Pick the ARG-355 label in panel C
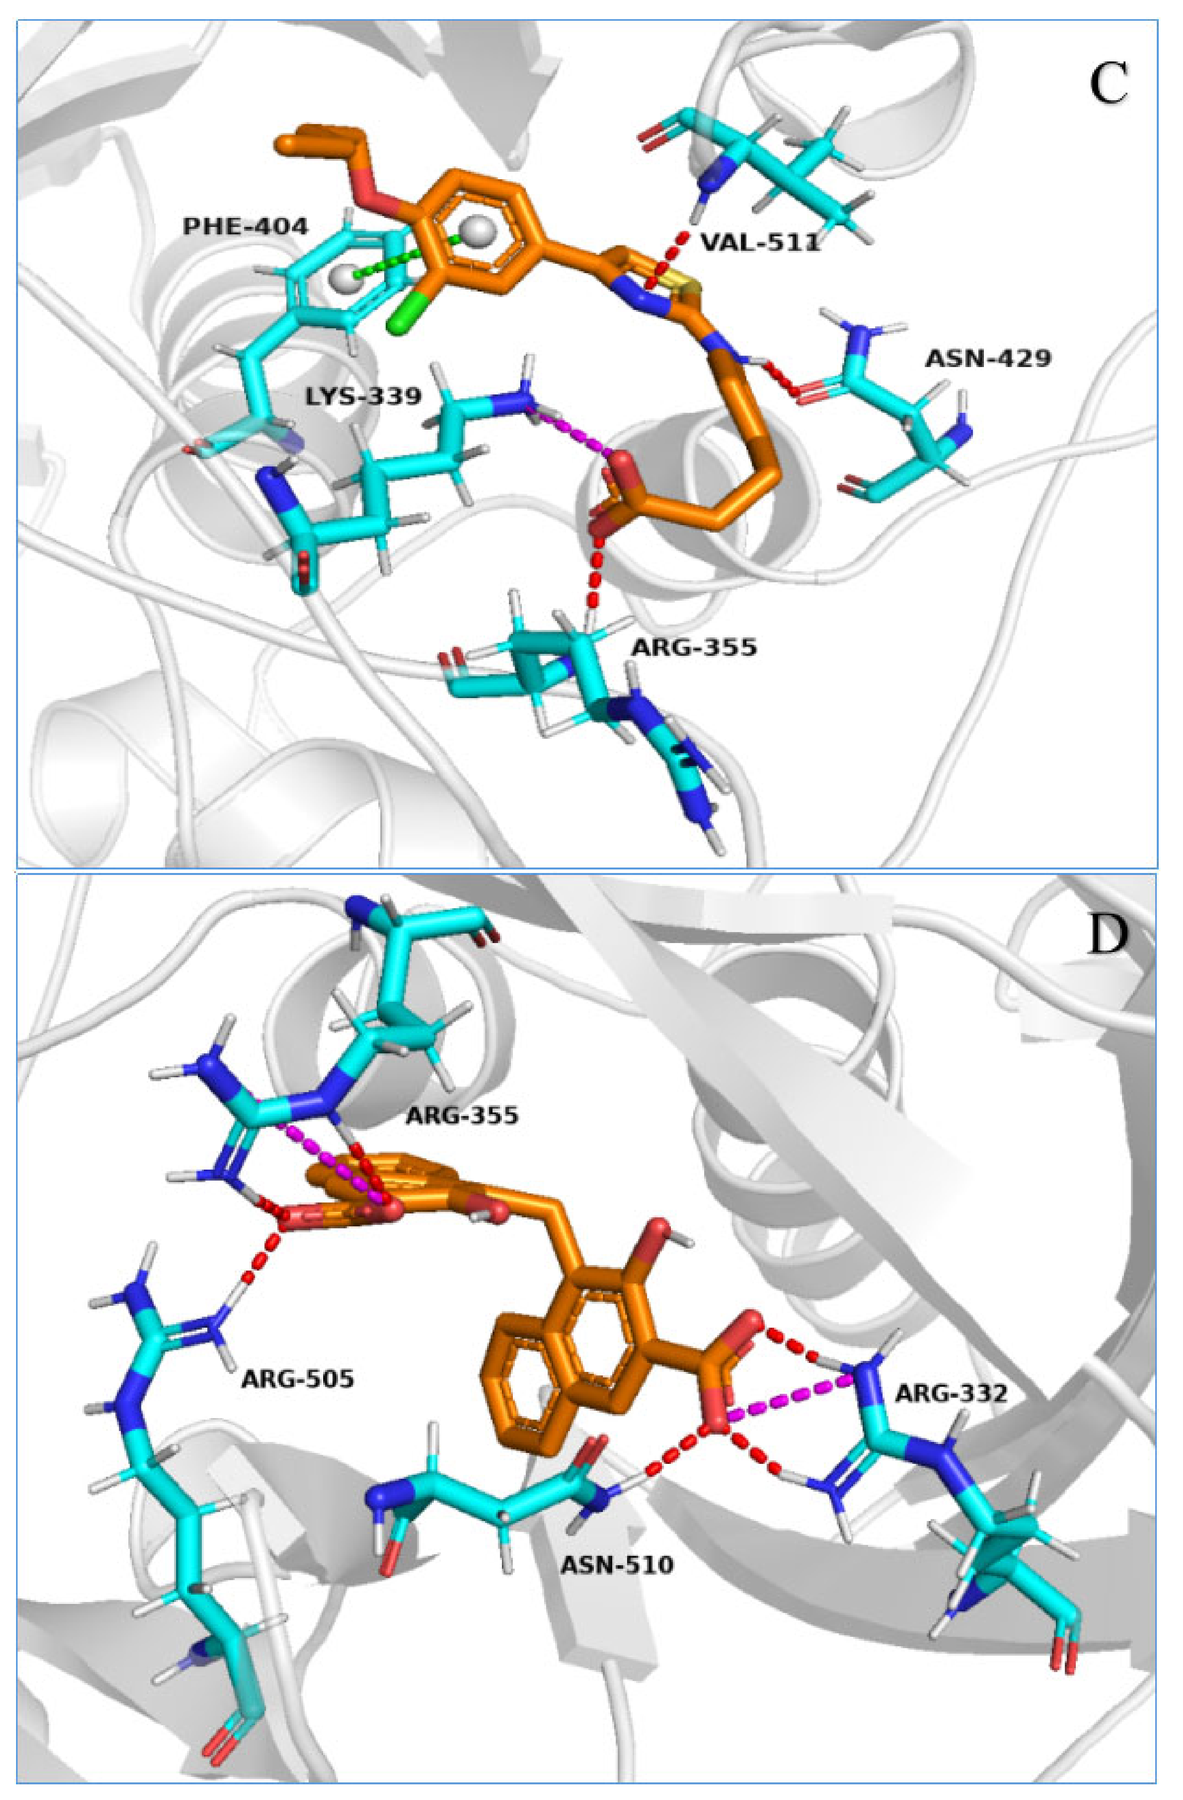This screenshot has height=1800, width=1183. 694,647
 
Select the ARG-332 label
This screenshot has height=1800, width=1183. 951,1393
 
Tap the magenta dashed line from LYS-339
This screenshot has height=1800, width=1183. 571,433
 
